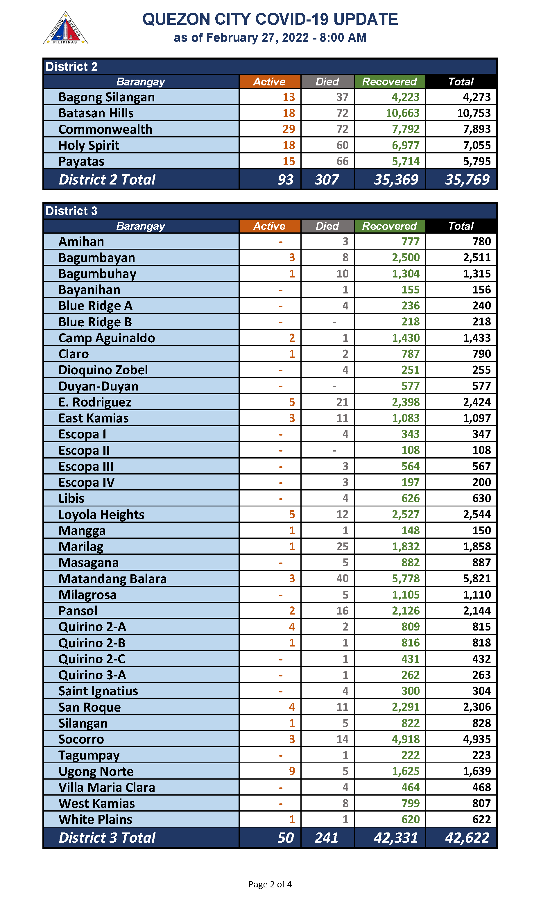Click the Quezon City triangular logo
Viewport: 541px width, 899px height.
click(66, 29)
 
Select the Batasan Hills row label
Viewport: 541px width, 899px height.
click(96, 113)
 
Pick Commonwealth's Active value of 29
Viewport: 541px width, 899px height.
click(289, 129)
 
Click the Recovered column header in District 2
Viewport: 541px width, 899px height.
click(389, 82)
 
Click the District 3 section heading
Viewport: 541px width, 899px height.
click(71, 211)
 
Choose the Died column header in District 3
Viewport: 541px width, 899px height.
click(327, 226)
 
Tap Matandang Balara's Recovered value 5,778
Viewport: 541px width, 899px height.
click(405, 579)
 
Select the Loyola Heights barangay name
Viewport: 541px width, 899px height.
click(101, 514)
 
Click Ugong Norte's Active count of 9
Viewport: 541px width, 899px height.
click(292, 771)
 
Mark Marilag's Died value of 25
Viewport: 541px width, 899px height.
click(342, 547)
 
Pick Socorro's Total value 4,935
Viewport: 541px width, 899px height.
click(476, 739)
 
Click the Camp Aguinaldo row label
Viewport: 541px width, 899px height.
click(106, 338)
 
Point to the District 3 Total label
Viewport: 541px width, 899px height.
click(107, 837)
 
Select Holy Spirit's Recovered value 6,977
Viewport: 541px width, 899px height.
click(405, 145)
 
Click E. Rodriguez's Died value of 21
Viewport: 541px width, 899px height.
click(342, 402)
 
